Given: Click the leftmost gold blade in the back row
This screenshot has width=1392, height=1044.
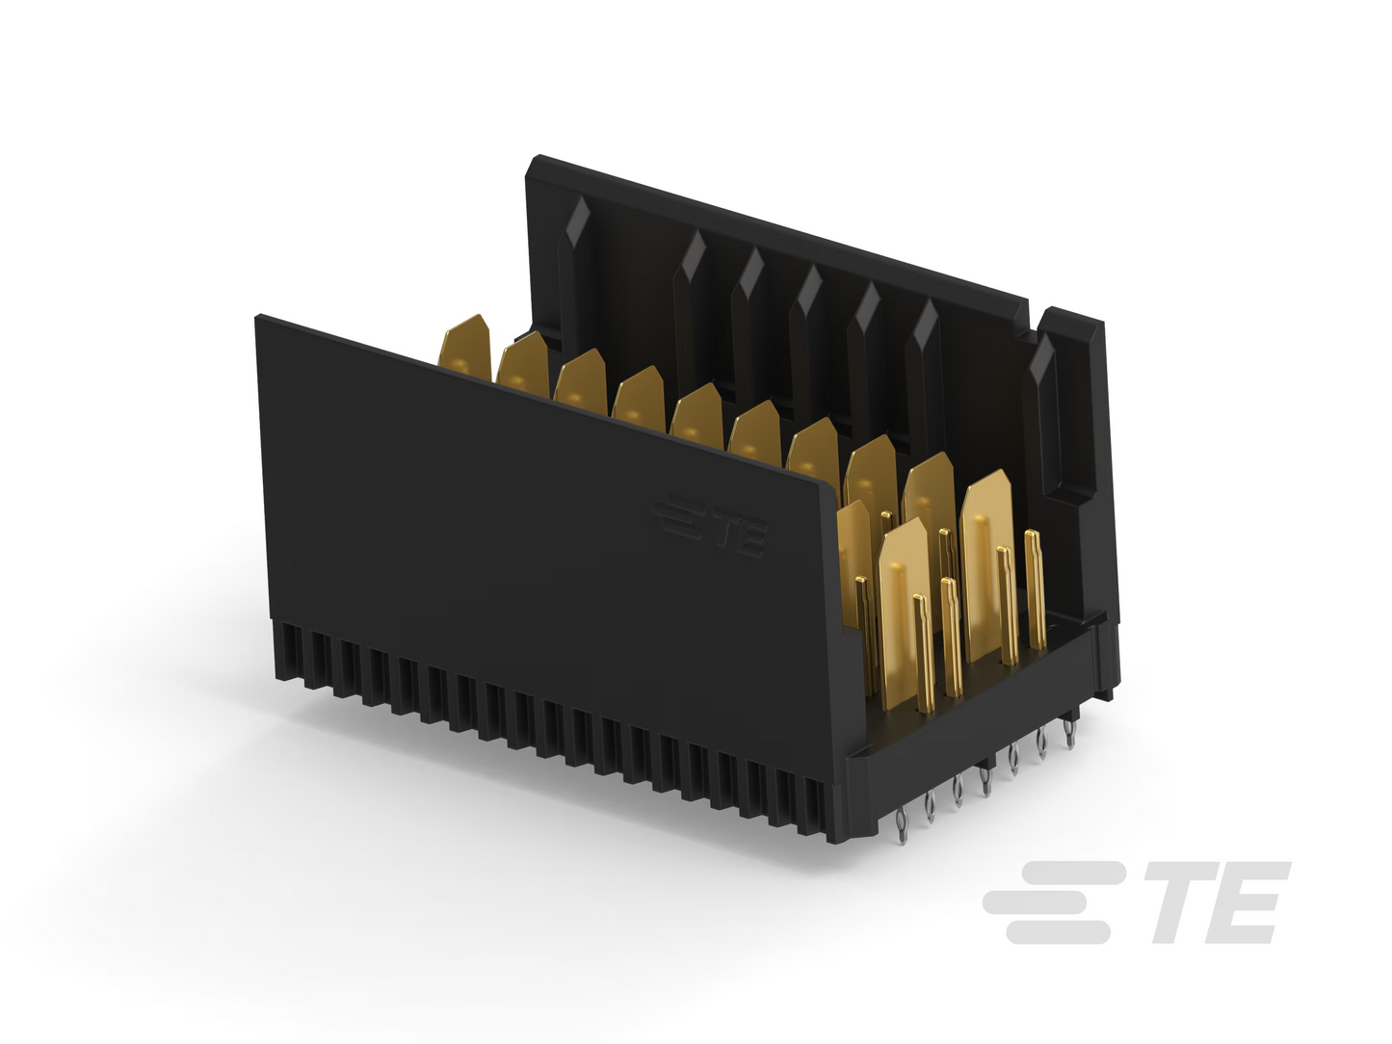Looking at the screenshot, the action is coord(465,349).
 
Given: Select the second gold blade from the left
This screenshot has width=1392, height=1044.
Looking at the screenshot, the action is coord(523,366).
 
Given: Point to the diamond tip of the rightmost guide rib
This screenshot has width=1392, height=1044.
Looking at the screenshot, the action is coord(1040,360).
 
